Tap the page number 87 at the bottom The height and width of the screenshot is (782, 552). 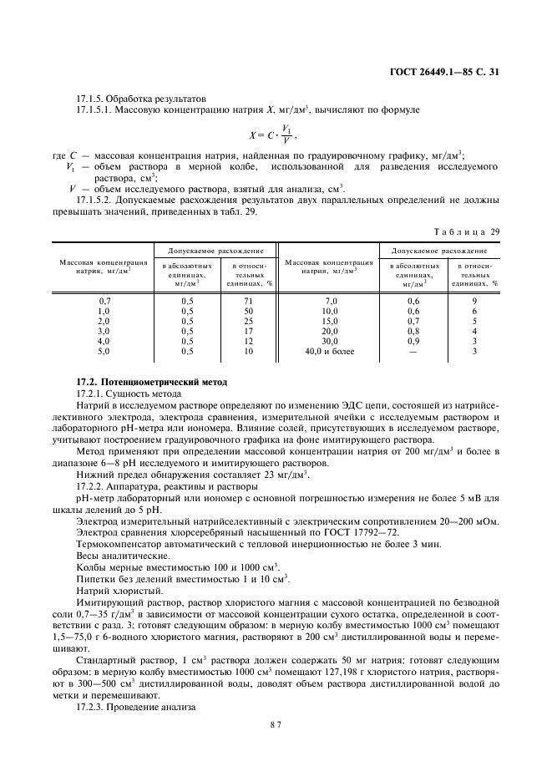[276, 724]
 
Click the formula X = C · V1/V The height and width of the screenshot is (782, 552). [273, 134]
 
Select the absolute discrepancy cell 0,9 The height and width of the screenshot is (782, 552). [413, 342]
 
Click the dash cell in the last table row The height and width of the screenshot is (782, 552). [413, 352]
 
